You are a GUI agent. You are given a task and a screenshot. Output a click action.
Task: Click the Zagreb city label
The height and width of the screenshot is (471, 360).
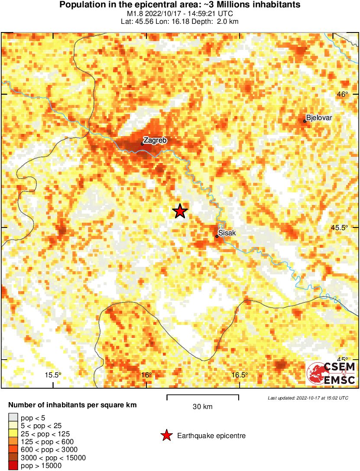tap(155, 140)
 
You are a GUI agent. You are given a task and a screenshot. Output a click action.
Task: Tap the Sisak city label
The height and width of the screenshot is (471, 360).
tap(227, 233)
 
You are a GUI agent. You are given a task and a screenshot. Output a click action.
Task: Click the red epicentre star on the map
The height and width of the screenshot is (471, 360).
tap(180, 211)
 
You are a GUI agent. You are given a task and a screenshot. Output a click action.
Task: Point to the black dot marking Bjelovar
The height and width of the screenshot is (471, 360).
tap(305, 121)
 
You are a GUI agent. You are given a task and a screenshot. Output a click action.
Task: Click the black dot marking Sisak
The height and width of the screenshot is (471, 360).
tap(217, 236)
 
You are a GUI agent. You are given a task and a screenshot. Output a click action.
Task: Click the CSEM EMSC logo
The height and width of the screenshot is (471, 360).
tap(331, 374)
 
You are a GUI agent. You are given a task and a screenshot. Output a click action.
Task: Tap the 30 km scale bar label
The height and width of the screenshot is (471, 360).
tap(203, 406)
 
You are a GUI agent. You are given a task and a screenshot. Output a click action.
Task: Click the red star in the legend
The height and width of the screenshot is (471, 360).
tap(166, 435)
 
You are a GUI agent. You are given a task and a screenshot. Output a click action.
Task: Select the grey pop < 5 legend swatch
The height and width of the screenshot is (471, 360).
tap(13, 418)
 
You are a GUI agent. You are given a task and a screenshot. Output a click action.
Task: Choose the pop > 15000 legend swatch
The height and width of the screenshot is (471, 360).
tap(13, 466)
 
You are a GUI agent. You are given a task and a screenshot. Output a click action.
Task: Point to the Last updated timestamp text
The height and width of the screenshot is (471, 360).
tap(308, 398)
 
